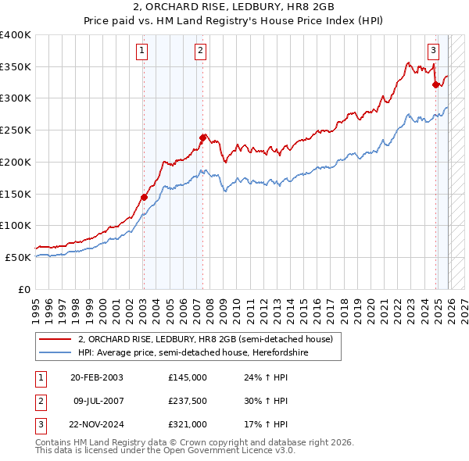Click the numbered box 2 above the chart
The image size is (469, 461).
click(x=201, y=52)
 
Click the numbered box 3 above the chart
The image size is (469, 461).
click(x=433, y=52)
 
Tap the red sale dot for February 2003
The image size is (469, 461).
click(x=144, y=197)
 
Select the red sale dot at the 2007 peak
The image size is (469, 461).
click(x=202, y=138)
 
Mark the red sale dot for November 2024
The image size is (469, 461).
click(x=435, y=85)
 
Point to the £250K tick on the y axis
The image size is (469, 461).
click(x=16, y=130)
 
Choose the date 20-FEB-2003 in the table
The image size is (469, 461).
click(x=96, y=377)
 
